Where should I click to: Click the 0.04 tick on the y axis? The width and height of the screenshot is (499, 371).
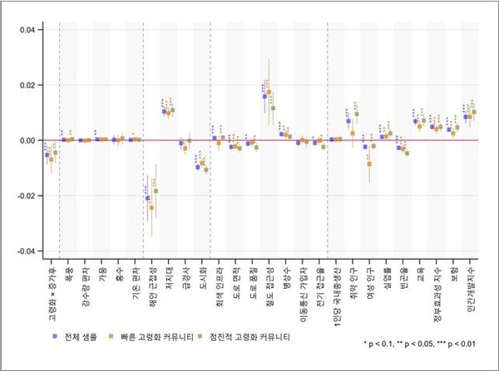[27, 30]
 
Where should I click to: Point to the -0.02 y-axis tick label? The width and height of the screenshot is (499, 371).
[25, 196]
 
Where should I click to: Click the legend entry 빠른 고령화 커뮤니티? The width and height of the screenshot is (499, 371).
[158, 338]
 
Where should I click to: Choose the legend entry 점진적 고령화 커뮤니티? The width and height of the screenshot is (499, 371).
[251, 338]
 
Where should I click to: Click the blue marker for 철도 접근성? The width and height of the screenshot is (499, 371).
[264, 96]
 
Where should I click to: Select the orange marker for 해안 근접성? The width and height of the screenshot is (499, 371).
[151, 207]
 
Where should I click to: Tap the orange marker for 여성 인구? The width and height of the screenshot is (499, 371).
[369, 164]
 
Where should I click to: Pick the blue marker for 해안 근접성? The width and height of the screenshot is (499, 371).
[147, 198]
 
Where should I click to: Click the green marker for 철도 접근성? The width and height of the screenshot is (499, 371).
[273, 108]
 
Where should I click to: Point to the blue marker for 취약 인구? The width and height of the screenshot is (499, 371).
[348, 121]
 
